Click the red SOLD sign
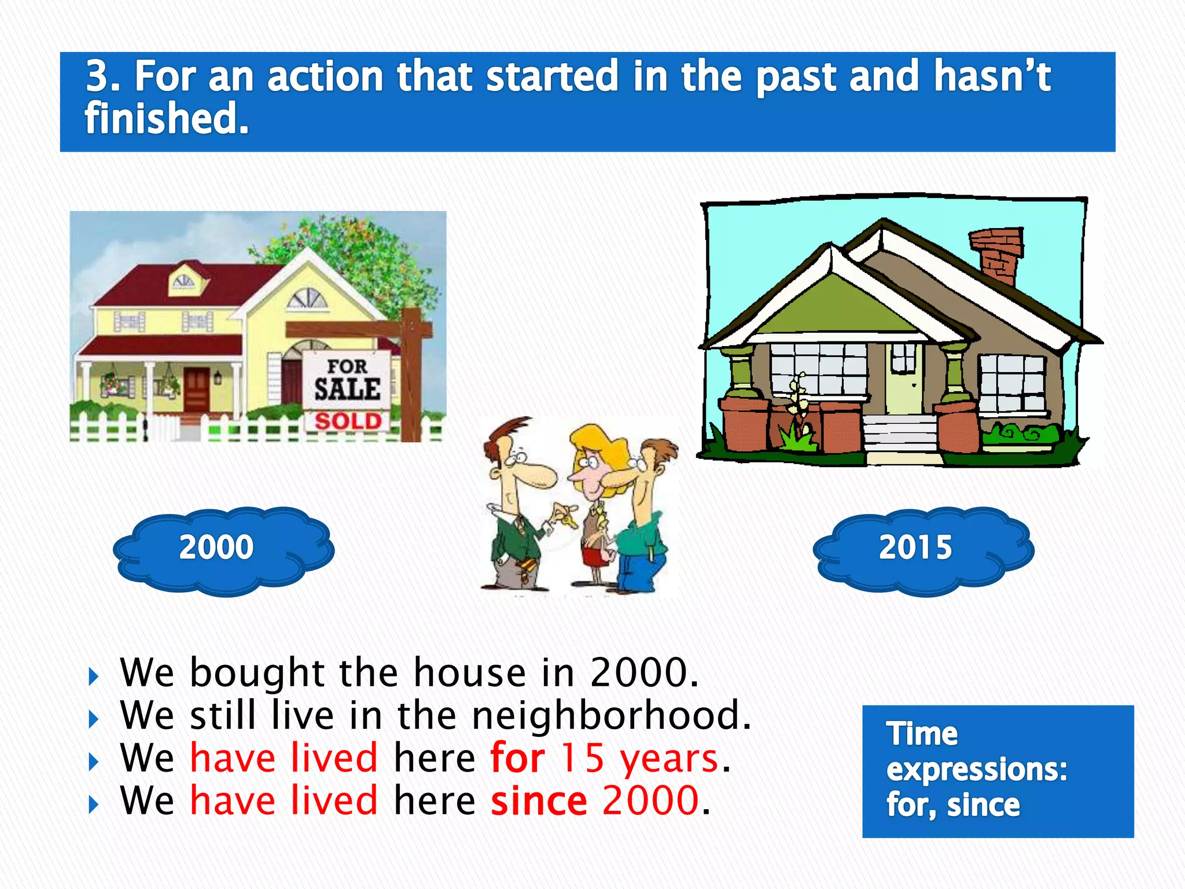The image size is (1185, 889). pos(348,421)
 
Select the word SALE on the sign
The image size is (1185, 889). pos(347,389)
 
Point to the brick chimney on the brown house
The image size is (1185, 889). pos(996,255)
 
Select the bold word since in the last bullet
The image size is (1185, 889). pos(539,801)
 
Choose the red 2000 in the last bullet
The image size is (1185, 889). pos(651,801)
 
